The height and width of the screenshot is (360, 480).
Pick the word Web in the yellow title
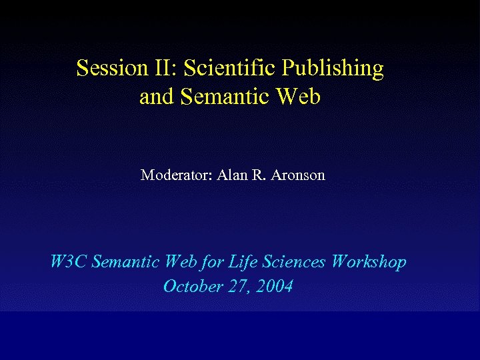tap(299, 97)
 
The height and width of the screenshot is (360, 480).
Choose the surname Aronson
tap(298, 175)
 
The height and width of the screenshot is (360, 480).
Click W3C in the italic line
tap(67, 262)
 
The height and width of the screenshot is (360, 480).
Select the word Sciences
tap(294, 262)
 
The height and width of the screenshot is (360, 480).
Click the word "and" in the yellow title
tap(155, 97)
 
